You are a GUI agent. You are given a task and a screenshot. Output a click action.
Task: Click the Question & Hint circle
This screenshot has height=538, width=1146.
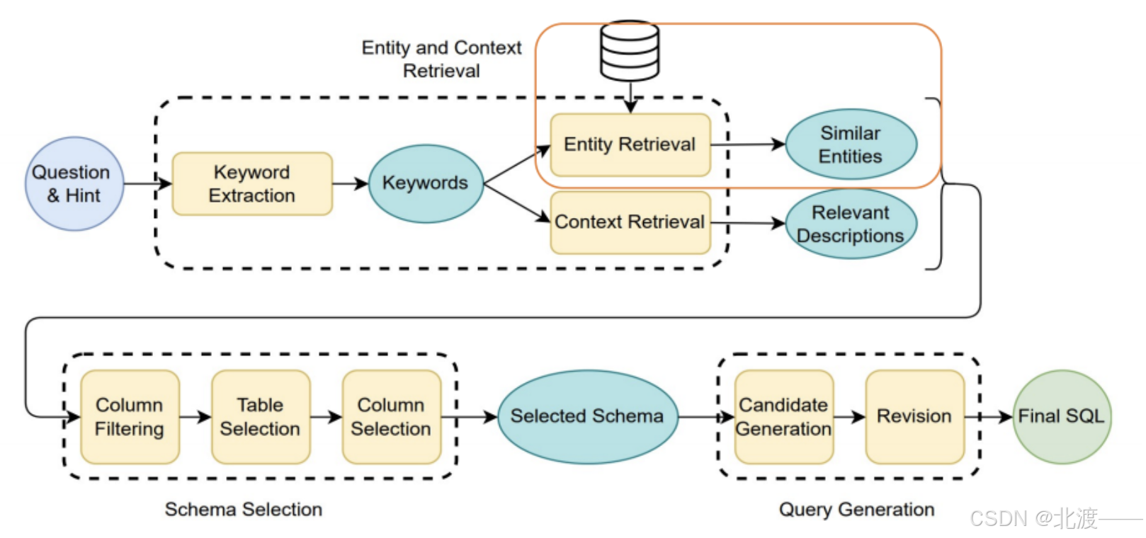(74, 183)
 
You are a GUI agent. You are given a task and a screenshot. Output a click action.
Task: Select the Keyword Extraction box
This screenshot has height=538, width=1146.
(252, 183)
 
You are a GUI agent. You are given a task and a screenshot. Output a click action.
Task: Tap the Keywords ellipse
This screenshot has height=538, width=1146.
(426, 183)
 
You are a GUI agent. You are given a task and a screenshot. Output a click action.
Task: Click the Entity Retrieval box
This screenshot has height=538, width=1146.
(630, 144)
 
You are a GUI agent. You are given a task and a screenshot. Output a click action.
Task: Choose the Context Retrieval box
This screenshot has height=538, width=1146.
(630, 222)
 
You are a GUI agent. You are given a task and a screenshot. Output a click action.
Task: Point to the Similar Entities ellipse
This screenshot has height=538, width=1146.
(851, 144)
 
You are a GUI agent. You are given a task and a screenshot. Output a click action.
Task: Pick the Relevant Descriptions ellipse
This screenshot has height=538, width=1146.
(851, 224)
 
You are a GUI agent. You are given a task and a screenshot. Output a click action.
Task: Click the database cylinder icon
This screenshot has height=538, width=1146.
(630, 51)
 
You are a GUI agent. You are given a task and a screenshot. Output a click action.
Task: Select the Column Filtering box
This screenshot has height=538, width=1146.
(130, 417)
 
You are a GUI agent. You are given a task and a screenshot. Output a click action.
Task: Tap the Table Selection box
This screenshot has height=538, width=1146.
(261, 417)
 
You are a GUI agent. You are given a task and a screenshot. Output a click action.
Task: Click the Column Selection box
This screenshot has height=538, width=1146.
(392, 417)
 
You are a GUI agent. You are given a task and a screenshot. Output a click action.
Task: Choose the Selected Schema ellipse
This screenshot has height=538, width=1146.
(588, 417)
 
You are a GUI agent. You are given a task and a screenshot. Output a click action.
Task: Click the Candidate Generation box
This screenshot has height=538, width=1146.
(784, 417)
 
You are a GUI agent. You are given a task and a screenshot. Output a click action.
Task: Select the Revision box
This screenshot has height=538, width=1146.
(915, 417)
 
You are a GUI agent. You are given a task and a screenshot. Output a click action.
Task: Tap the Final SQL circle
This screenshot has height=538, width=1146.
(1062, 417)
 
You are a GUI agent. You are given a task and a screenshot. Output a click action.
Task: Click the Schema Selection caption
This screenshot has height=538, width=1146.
(244, 510)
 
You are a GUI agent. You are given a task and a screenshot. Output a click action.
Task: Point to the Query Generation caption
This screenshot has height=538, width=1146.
(857, 510)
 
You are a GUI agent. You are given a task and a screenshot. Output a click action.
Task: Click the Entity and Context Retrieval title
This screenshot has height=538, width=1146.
(441, 59)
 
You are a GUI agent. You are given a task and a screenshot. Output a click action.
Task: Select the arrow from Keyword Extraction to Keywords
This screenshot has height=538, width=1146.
(351, 183)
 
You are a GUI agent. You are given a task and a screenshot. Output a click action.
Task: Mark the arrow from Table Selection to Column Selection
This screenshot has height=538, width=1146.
(327, 417)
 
